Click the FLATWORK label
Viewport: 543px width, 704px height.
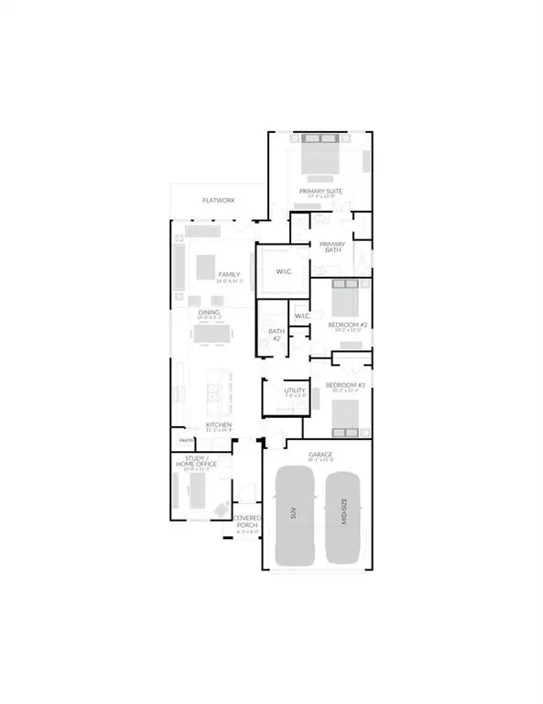pos(219,200)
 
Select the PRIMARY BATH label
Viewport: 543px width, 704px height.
pos(330,247)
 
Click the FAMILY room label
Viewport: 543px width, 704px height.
pos(228,275)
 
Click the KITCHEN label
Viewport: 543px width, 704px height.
pos(218,425)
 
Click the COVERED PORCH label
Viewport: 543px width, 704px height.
pos(248,522)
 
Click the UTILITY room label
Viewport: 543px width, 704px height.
pos(294,391)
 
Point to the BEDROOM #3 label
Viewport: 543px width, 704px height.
pos(347,386)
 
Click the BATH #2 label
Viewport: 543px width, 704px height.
pos(274,335)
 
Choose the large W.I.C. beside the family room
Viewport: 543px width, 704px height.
pos(283,271)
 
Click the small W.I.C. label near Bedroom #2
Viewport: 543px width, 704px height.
pos(304,316)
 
